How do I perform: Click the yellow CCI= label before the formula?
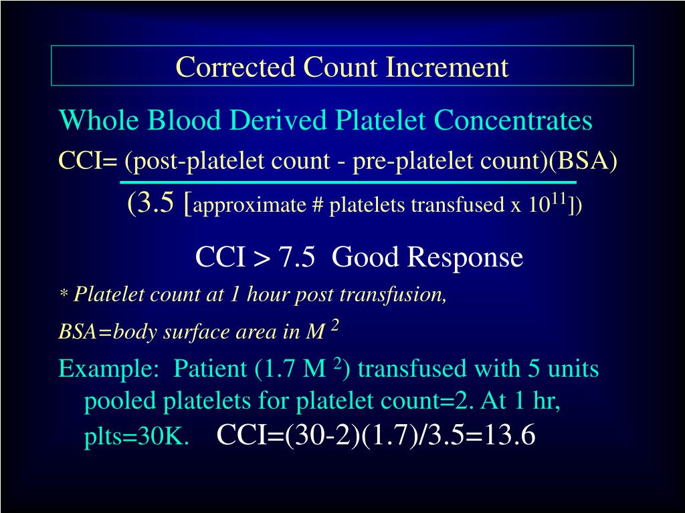88,161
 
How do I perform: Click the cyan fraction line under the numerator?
348,182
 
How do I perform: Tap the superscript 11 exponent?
559,198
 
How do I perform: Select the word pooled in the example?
118,403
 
